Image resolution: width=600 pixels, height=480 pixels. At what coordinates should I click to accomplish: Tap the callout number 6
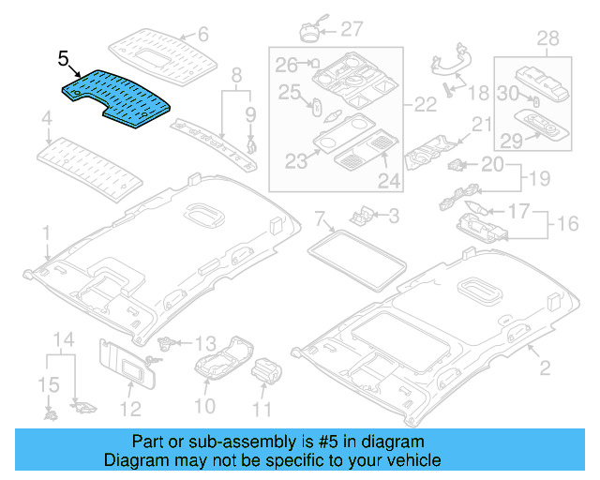202,36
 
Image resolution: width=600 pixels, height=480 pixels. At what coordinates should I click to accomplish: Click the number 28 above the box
547,37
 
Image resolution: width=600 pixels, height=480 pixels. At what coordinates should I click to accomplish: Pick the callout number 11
262,409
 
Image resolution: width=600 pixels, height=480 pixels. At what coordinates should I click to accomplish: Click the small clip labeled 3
360,216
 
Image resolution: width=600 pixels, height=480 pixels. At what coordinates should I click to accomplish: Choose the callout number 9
250,115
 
